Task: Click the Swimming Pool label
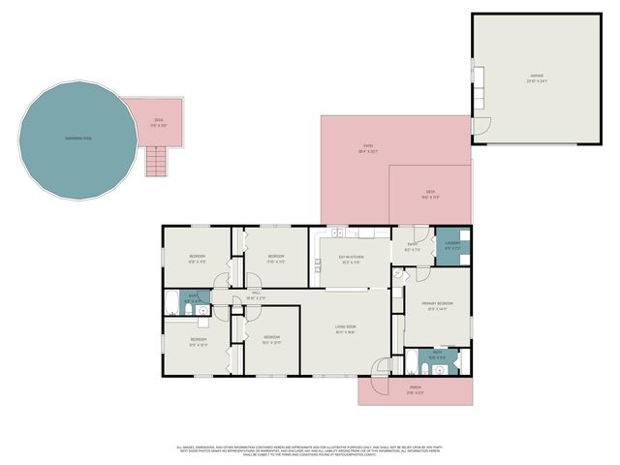[78, 139]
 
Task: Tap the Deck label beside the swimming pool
[160, 122]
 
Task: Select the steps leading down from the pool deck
[157, 161]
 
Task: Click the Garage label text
[536, 77]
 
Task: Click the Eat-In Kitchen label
[350, 259]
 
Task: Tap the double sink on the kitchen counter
[337, 233]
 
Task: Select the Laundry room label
[452, 245]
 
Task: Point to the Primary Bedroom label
[437, 306]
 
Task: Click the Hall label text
[256, 296]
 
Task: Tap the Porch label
[415, 390]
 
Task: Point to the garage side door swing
[477, 126]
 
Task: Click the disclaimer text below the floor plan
[310, 450]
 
